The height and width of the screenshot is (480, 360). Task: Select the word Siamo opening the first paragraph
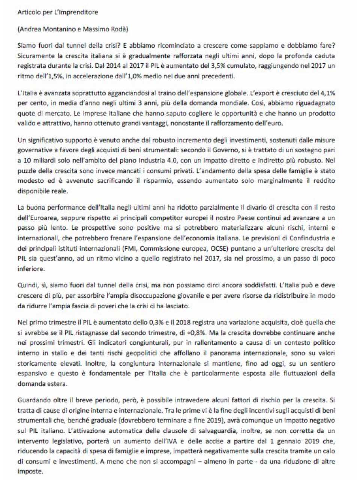[x=26, y=46]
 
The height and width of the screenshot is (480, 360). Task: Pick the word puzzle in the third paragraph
[x=26, y=171]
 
